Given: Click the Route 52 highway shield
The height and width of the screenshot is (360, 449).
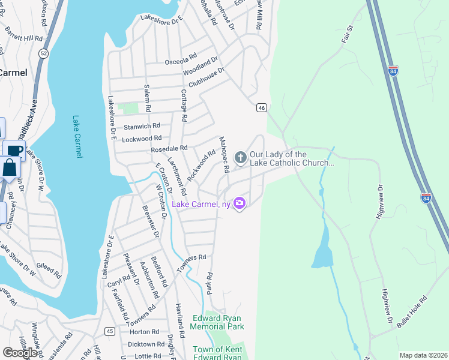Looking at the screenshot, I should coord(43,53).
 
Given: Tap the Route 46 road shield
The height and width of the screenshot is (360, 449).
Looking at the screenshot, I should coord(261,107).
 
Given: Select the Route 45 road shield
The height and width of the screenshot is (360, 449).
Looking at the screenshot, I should coord(109,331).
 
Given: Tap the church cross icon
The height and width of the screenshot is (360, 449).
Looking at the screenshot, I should coord(240,158).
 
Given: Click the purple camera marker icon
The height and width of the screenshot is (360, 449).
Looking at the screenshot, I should coord(240,203).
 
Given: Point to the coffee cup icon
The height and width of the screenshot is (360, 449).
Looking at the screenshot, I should coord(14,151).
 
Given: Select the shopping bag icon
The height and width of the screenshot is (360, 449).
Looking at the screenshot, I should coord(10,167).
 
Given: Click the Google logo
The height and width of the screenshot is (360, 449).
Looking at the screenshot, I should coord(20,352).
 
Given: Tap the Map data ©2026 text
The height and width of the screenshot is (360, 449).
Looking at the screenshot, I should coord(423,355).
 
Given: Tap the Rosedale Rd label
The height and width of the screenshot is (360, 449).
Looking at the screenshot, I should coord(169,148).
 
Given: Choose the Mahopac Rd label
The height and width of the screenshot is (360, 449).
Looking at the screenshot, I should coord(223,155).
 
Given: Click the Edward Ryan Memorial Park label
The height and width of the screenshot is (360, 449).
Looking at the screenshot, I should coord(217,322).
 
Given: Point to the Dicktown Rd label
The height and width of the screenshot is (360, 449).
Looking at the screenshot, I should coord(146,344).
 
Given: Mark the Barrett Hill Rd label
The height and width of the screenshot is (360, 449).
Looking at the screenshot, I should coord(23,34).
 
